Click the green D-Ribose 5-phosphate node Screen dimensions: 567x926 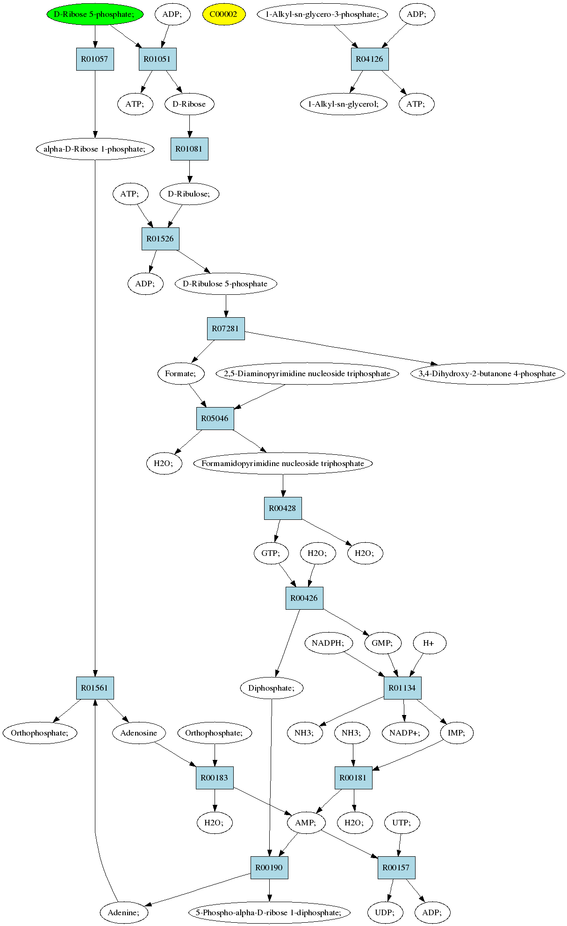95,14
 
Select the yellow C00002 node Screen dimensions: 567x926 223,14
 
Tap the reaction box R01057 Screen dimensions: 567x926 95,59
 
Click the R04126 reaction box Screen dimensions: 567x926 370,59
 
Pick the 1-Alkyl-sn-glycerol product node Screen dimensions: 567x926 344,104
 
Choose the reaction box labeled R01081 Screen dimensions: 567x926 189,149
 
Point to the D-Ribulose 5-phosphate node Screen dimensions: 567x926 226,284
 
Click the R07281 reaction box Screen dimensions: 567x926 226,328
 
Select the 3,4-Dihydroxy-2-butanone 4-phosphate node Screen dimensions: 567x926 488,373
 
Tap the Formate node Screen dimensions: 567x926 181,373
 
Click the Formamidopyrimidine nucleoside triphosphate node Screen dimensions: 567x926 283,463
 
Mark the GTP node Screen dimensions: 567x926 271,553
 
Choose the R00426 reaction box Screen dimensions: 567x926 304,598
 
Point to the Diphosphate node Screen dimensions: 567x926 272,688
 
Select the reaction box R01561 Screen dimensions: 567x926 95,688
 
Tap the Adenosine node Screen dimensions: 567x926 139,733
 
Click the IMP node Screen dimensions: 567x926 457,733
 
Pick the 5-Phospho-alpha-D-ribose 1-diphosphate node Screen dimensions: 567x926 269,912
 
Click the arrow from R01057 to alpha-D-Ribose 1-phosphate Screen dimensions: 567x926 95,104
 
